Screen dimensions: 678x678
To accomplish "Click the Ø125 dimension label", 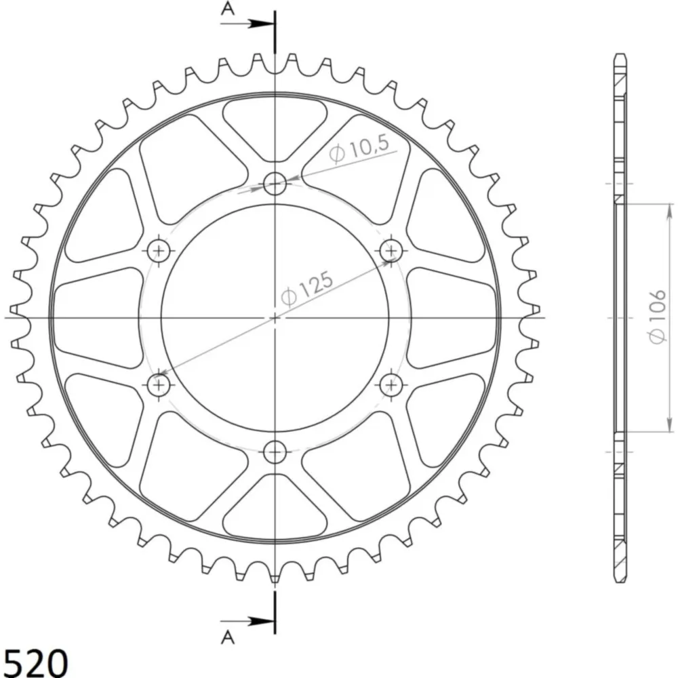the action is [x=306, y=288].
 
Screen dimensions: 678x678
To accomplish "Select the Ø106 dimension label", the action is [x=656, y=317].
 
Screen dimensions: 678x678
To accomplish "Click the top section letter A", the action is [x=227, y=8].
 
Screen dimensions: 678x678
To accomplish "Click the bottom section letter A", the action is [x=227, y=637].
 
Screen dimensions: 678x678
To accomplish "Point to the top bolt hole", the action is [x=275, y=184].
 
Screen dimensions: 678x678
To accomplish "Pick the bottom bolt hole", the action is [x=275, y=452].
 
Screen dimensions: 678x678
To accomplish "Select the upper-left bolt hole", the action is [x=159, y=251].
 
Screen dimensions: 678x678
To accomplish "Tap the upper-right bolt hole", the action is [x=391, y=251].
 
